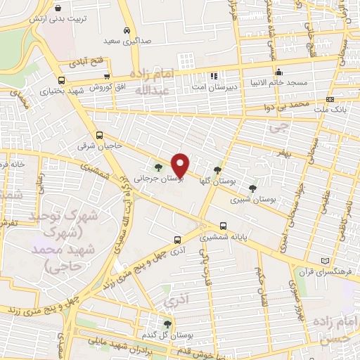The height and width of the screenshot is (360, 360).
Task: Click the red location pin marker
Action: coord(181,165)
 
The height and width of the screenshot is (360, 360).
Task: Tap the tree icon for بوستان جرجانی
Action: coord(157,167)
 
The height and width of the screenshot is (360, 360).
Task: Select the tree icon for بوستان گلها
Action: coord(217,169)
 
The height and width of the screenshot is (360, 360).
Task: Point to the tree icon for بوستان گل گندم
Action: coord(167,324)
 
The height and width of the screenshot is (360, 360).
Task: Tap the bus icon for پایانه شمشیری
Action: coord(223,226)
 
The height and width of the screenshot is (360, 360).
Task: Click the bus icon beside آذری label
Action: coord(177,238)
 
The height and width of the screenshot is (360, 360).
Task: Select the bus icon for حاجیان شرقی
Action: coord(98,135)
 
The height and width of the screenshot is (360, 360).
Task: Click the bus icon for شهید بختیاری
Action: coord(62,80)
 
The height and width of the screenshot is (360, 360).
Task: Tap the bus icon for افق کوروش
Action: coord(107,77)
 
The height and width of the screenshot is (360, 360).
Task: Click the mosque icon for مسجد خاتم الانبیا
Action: coord(279,71)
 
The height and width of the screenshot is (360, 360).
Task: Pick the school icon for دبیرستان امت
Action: coord(213,75)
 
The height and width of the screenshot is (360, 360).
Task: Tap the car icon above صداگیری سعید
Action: coord(126,31)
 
